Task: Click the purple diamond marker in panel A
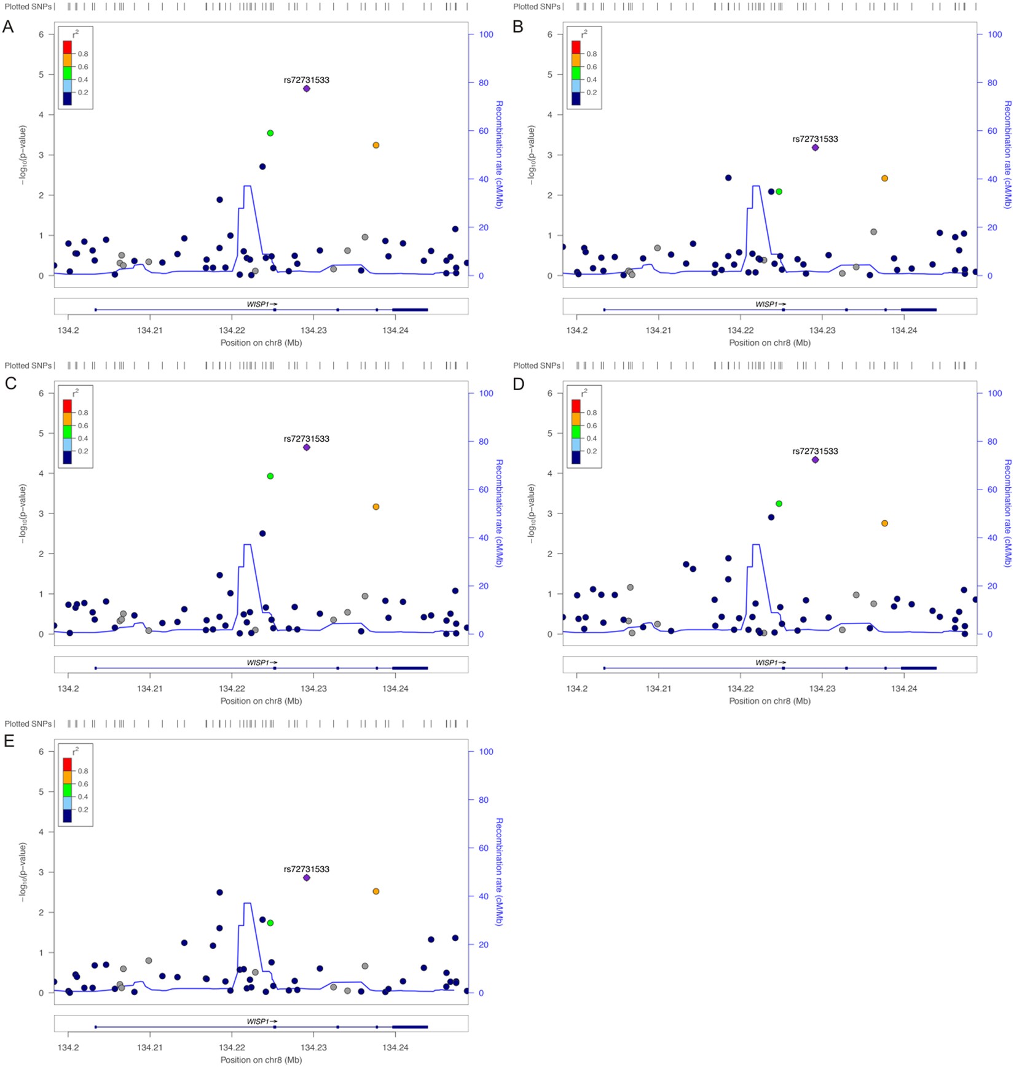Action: (x=307, y=88)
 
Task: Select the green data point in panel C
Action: (x=270, y=476)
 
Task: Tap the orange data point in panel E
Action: (x=376, y=891)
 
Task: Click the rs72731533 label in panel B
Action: (x=815, y=139)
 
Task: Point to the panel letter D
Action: (x=518, y=384)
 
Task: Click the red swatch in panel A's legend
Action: (x=68, y=47)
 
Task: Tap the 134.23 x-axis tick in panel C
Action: (x=313, y=689)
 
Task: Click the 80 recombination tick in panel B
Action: (x=992, y=83)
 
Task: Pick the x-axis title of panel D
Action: (x=769, y=701)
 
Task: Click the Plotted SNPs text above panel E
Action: (x=28, y=724)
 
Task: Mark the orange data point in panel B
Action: (x=884, y=178)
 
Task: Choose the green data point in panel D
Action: (x=779, y=504)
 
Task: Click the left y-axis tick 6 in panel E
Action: (x=41, y=752)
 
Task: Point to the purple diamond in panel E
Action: (x=307, y=878)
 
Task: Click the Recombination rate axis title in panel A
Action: (x=499, y=155)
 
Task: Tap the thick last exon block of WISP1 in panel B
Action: (x=918, y=310)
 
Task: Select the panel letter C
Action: (x=10, y=384)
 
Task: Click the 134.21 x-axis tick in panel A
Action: (x=149, y=330)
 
